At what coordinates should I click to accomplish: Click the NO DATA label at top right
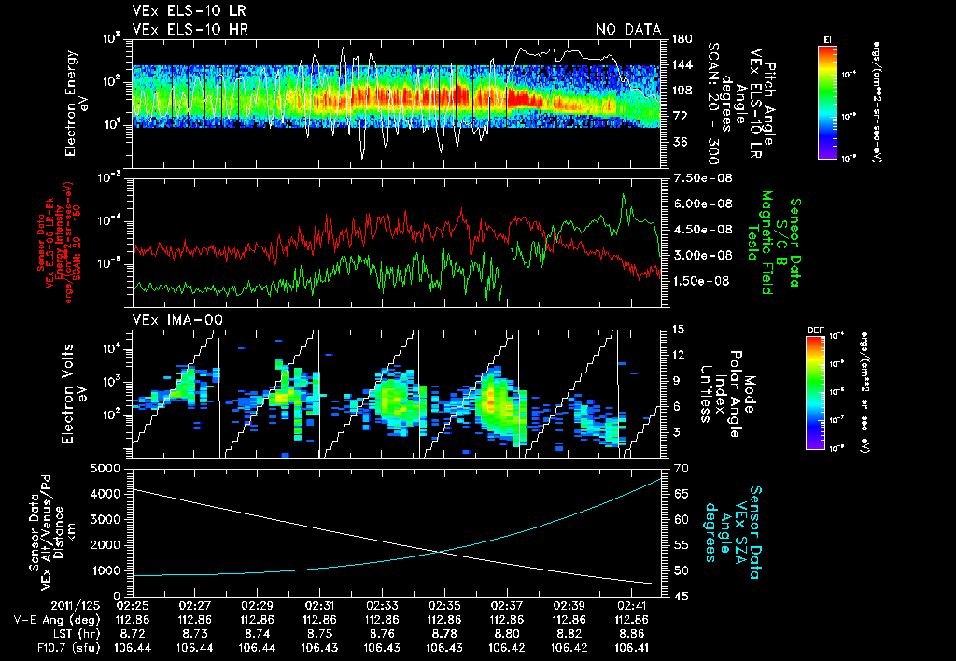(x=627, y=29)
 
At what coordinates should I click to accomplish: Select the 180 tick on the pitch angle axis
(x=681, y=38)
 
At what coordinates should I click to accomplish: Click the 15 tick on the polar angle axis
(x=678, y=329)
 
